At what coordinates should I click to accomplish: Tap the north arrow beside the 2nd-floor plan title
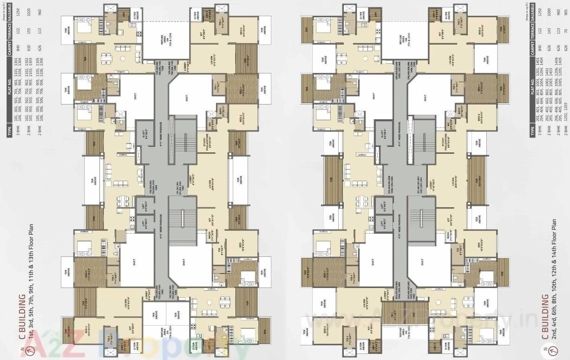[544, 350]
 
